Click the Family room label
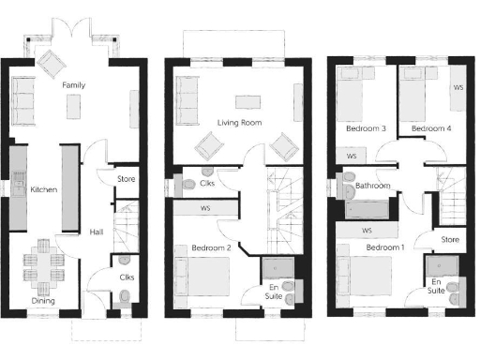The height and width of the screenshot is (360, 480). tap(73, 85)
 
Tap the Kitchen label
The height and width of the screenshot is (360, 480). tap(44, 190)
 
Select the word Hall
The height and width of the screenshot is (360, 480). tap(97, 232)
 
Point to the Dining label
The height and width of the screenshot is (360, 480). tap(43, 301)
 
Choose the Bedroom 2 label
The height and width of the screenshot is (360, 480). tap(211, 246)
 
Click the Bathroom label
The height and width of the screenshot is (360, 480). tap(373, 187)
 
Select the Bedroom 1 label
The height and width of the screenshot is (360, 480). tap(385, 247)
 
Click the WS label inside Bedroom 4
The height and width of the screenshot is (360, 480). tap(458, 87)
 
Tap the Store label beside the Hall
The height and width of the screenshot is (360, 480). tap(126, 179)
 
